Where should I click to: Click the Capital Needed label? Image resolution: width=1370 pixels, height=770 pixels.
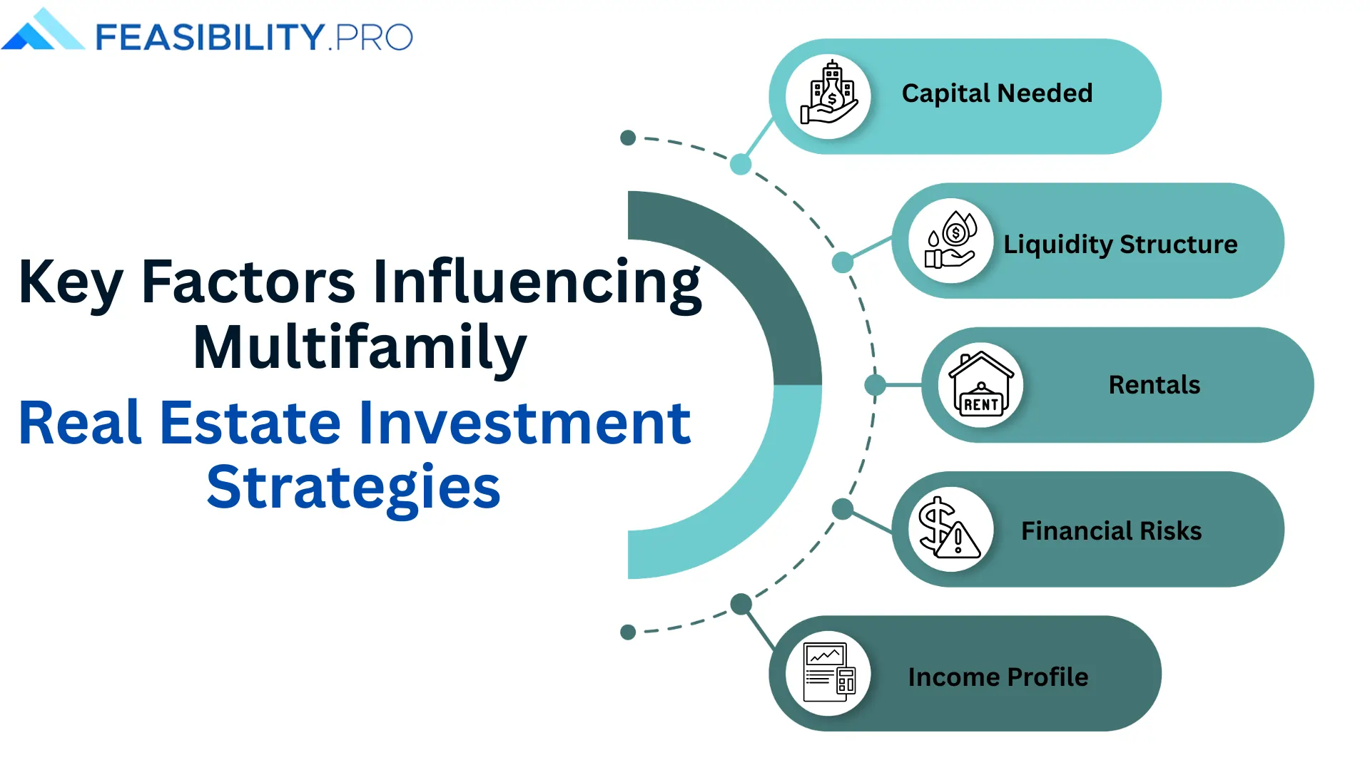(x=997, y=93)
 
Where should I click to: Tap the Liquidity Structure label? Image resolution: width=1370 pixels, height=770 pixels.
(x=1120, y=245)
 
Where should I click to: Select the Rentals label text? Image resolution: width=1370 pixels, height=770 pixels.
(x=1154, y=385)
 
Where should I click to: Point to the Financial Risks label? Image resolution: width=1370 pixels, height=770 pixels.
(x=1111, y=531)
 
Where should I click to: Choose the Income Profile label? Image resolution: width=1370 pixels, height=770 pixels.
(x=998, y=677)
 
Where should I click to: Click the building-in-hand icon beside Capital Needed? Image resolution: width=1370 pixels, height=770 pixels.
(x=828, y=96)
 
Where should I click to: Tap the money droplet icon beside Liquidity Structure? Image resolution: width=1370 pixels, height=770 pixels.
(x=950, y=241)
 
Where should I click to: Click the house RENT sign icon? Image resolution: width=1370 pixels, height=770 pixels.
(x=981, y=385)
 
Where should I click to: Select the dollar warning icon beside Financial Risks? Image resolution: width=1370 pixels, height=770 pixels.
(x=949, y=529)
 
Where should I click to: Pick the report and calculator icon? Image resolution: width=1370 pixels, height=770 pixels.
(x=828, y=674)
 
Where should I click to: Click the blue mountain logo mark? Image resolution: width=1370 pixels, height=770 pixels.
(x=43, y=31)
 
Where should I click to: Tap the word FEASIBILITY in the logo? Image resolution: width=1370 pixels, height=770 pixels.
(x=210, y=37)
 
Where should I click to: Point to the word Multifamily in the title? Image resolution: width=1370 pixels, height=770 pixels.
(x=360, y=347)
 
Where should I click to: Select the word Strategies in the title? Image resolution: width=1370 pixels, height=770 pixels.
(x=353, y=487)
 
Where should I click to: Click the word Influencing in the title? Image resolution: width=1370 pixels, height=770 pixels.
(x=537, y=283)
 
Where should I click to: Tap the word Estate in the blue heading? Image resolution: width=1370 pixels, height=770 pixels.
(x=250, y=423)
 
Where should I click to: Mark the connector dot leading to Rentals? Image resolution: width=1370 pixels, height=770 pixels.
(x=875, y=385)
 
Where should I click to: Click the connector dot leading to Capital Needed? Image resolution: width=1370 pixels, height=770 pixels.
(x=741, y=165)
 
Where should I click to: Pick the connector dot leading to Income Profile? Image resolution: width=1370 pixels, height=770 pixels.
(x=741, y=604)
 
